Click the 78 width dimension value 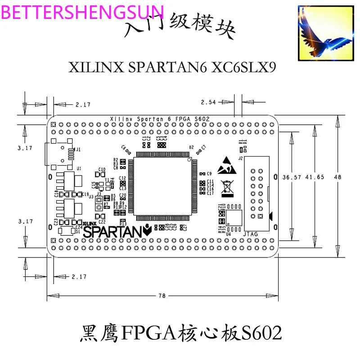coord(162,296)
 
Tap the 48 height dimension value coord(337,177)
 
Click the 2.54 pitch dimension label coord(209,102)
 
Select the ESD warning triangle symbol coord(226,167)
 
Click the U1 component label coord(79,168)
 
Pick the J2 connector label coord(240,158)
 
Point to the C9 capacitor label coord(209,174)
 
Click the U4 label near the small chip coord(229,234)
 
